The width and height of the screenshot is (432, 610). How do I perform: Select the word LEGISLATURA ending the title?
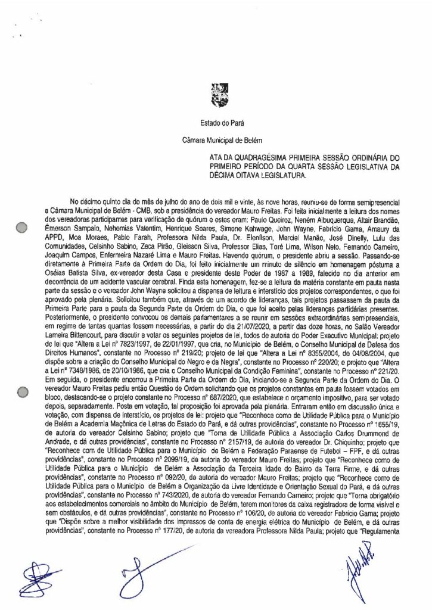pos(278,176)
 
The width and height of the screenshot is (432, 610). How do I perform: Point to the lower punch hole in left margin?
pos(22,392)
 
